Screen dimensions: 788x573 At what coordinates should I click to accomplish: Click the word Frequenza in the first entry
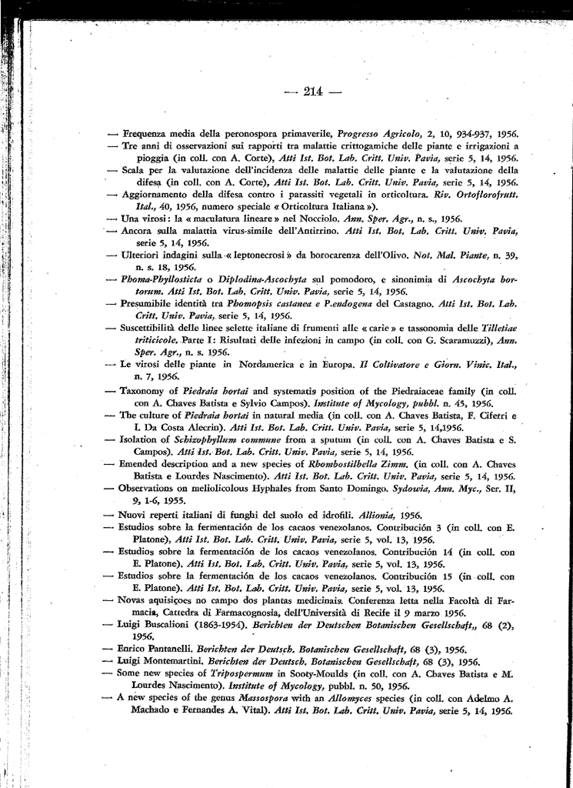(x=146, y=133)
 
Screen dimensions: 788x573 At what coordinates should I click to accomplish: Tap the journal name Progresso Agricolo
(x=376, y=133)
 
